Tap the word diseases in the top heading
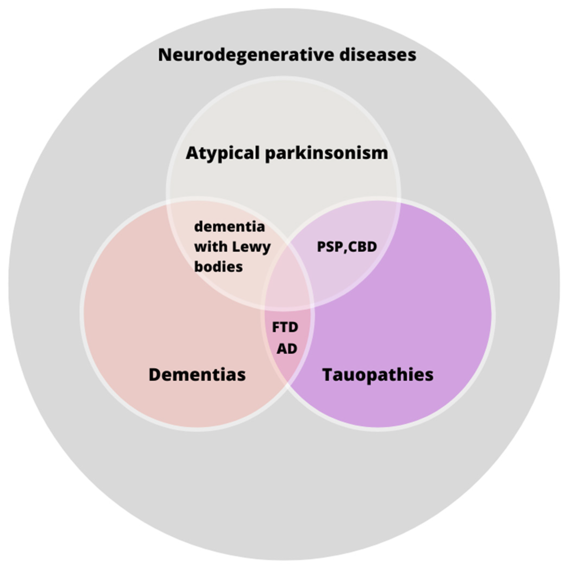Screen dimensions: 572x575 [378, 55]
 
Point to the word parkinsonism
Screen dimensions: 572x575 [326, 153]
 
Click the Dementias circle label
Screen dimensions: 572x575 [197, 374]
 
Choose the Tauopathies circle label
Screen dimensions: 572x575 [378, 374]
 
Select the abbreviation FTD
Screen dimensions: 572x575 [285, 327]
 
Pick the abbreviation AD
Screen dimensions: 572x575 [287, 348]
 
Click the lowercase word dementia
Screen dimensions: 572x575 [230, 227]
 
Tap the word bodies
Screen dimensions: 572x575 [218, 267]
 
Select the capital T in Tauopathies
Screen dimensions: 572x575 [328, 374]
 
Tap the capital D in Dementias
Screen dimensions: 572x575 [155, 374]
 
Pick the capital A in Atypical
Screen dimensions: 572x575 [192, 153]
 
